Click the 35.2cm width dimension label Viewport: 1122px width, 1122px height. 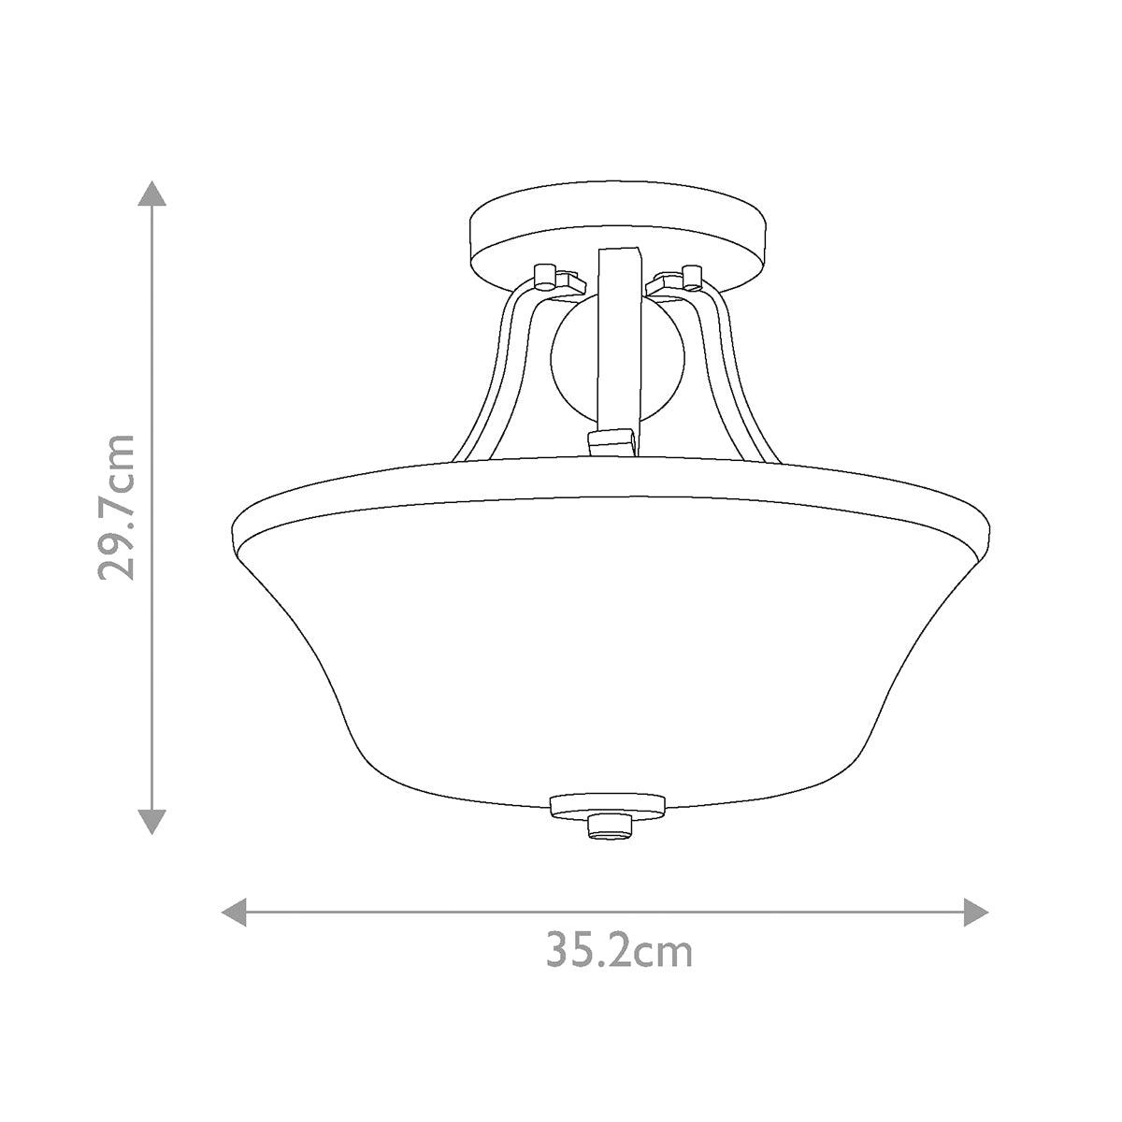tap(620, 952)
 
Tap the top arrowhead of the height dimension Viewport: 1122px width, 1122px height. tap(152, 194)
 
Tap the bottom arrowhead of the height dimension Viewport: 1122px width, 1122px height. tap(152, 820)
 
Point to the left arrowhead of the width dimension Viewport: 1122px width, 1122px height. tap(233, 913)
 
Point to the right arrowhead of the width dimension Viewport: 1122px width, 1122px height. tap(975, 913)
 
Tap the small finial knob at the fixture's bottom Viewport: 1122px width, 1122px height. tap(613, 827)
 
